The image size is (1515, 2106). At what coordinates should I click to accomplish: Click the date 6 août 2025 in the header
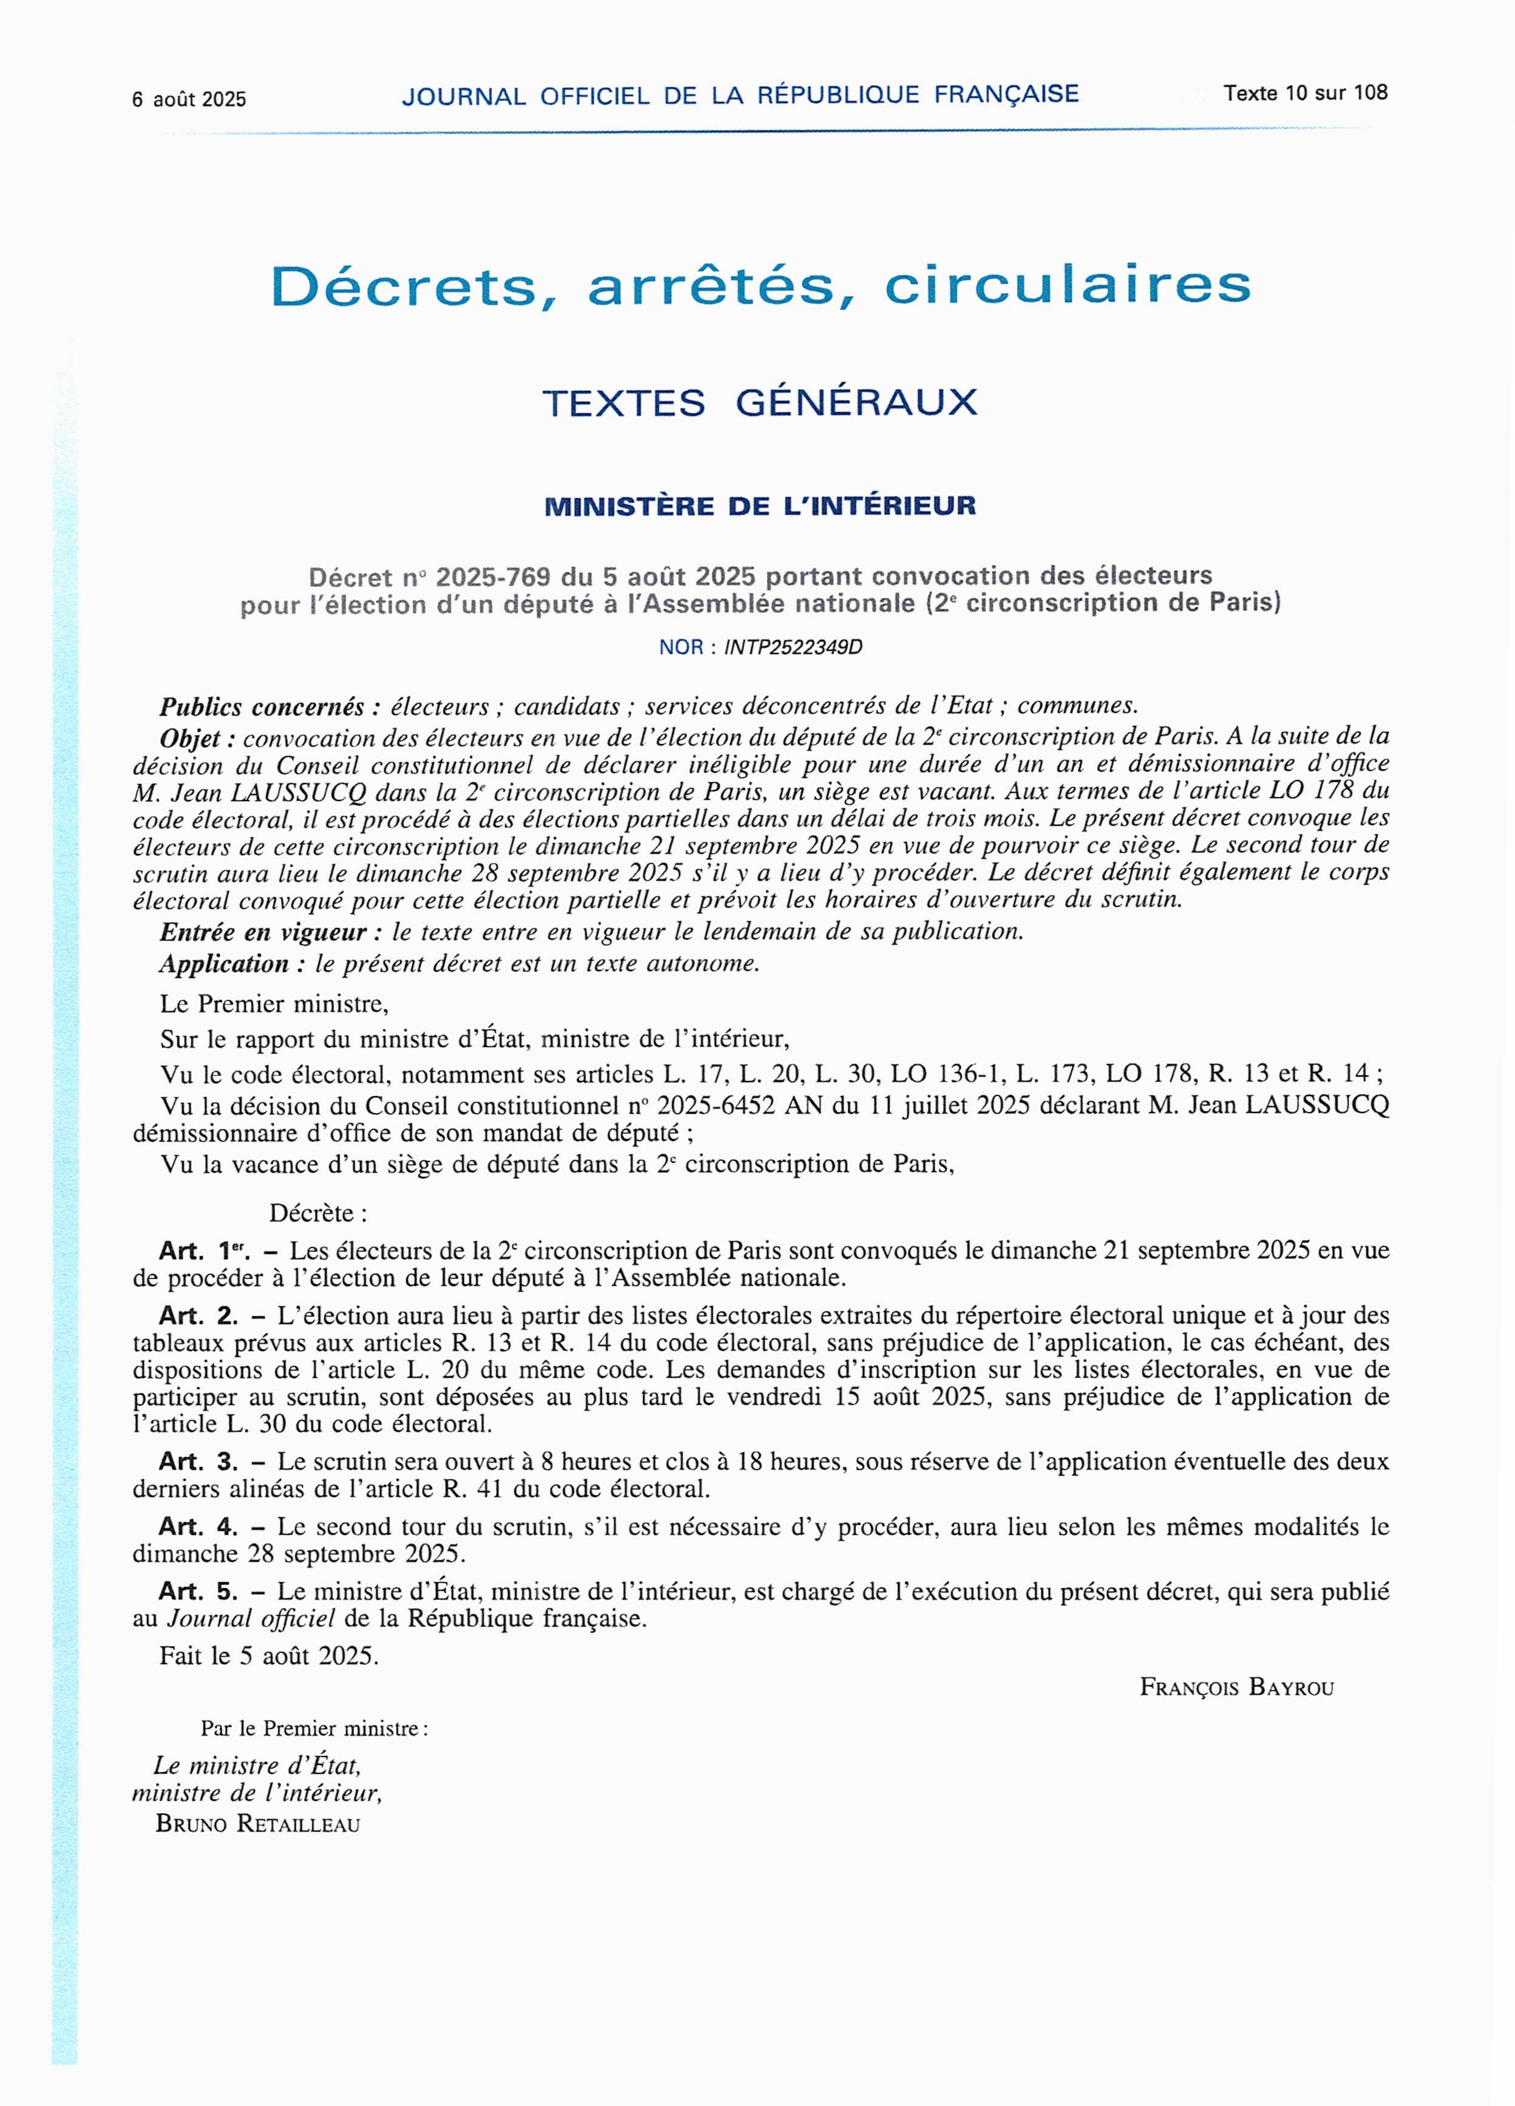189,100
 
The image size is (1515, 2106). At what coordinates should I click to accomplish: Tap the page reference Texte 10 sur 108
1305,93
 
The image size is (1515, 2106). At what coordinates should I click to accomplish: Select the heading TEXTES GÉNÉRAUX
760,403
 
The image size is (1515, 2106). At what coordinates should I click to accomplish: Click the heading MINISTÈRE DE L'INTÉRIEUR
760,506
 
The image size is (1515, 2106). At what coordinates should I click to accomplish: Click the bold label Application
232,964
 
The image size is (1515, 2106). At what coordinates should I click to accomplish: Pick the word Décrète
318,1214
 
